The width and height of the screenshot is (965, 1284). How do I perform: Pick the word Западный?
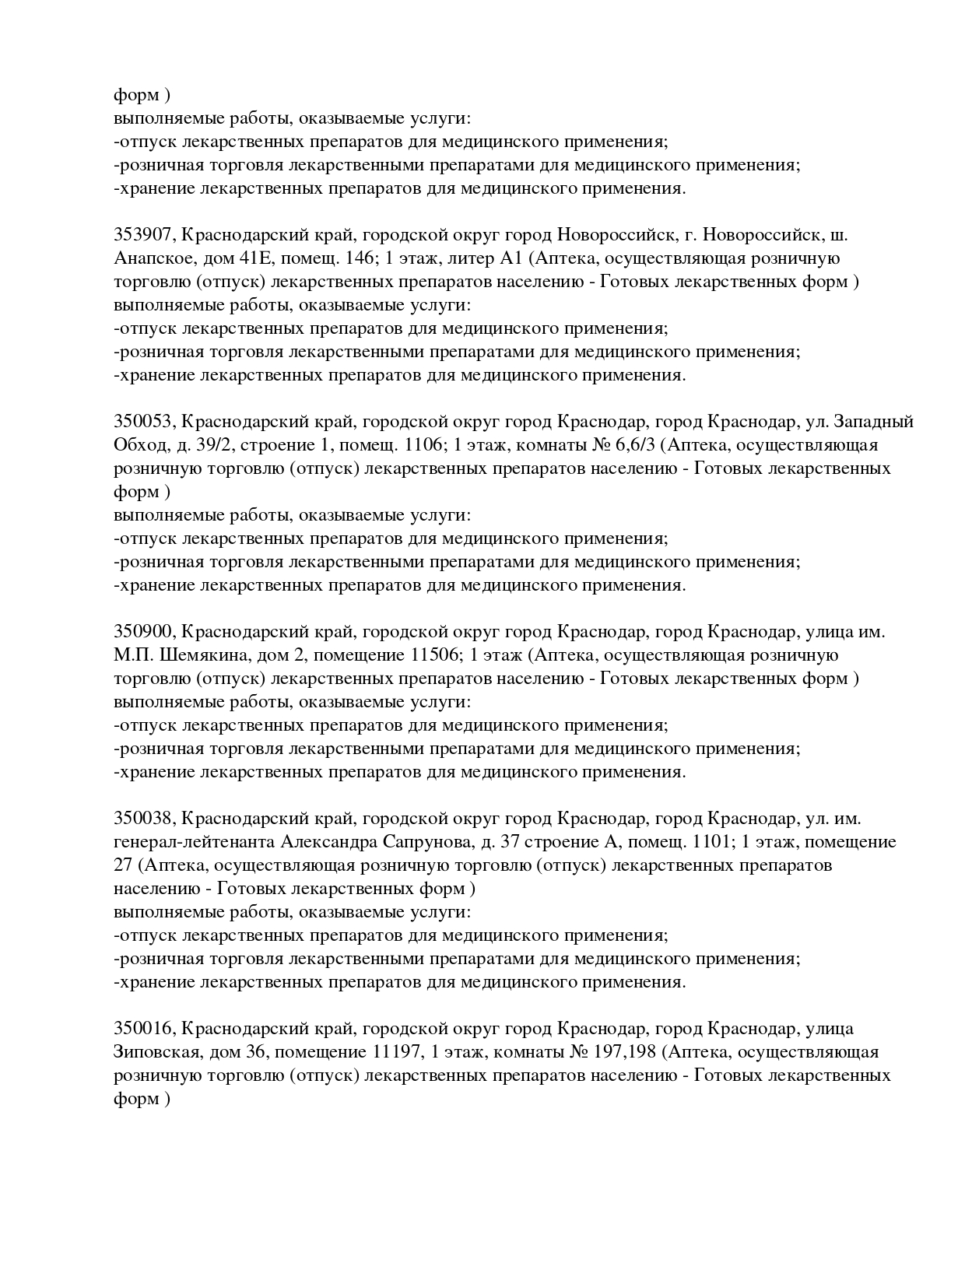(873, 422)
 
